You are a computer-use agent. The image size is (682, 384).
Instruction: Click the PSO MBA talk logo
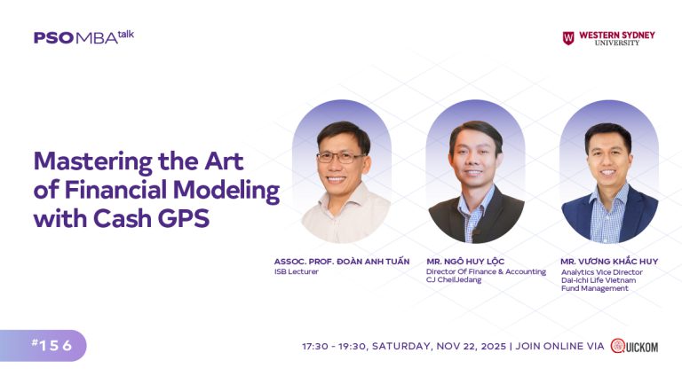coord(83,37)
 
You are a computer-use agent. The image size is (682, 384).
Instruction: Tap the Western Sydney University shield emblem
coord(568,38)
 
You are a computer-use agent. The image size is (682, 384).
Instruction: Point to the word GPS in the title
coord(185,219)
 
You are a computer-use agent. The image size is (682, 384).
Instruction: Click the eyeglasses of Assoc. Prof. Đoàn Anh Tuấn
coord(340,157)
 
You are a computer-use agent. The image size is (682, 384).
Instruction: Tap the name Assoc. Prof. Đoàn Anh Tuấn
coord(342,261)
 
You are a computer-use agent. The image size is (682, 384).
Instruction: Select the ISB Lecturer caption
coord(297,271)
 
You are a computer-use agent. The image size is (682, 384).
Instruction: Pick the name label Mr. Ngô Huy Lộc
coord(465,261)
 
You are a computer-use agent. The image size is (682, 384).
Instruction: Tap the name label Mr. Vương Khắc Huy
coord(608,261)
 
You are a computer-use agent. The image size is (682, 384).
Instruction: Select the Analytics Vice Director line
coord(601,271)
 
